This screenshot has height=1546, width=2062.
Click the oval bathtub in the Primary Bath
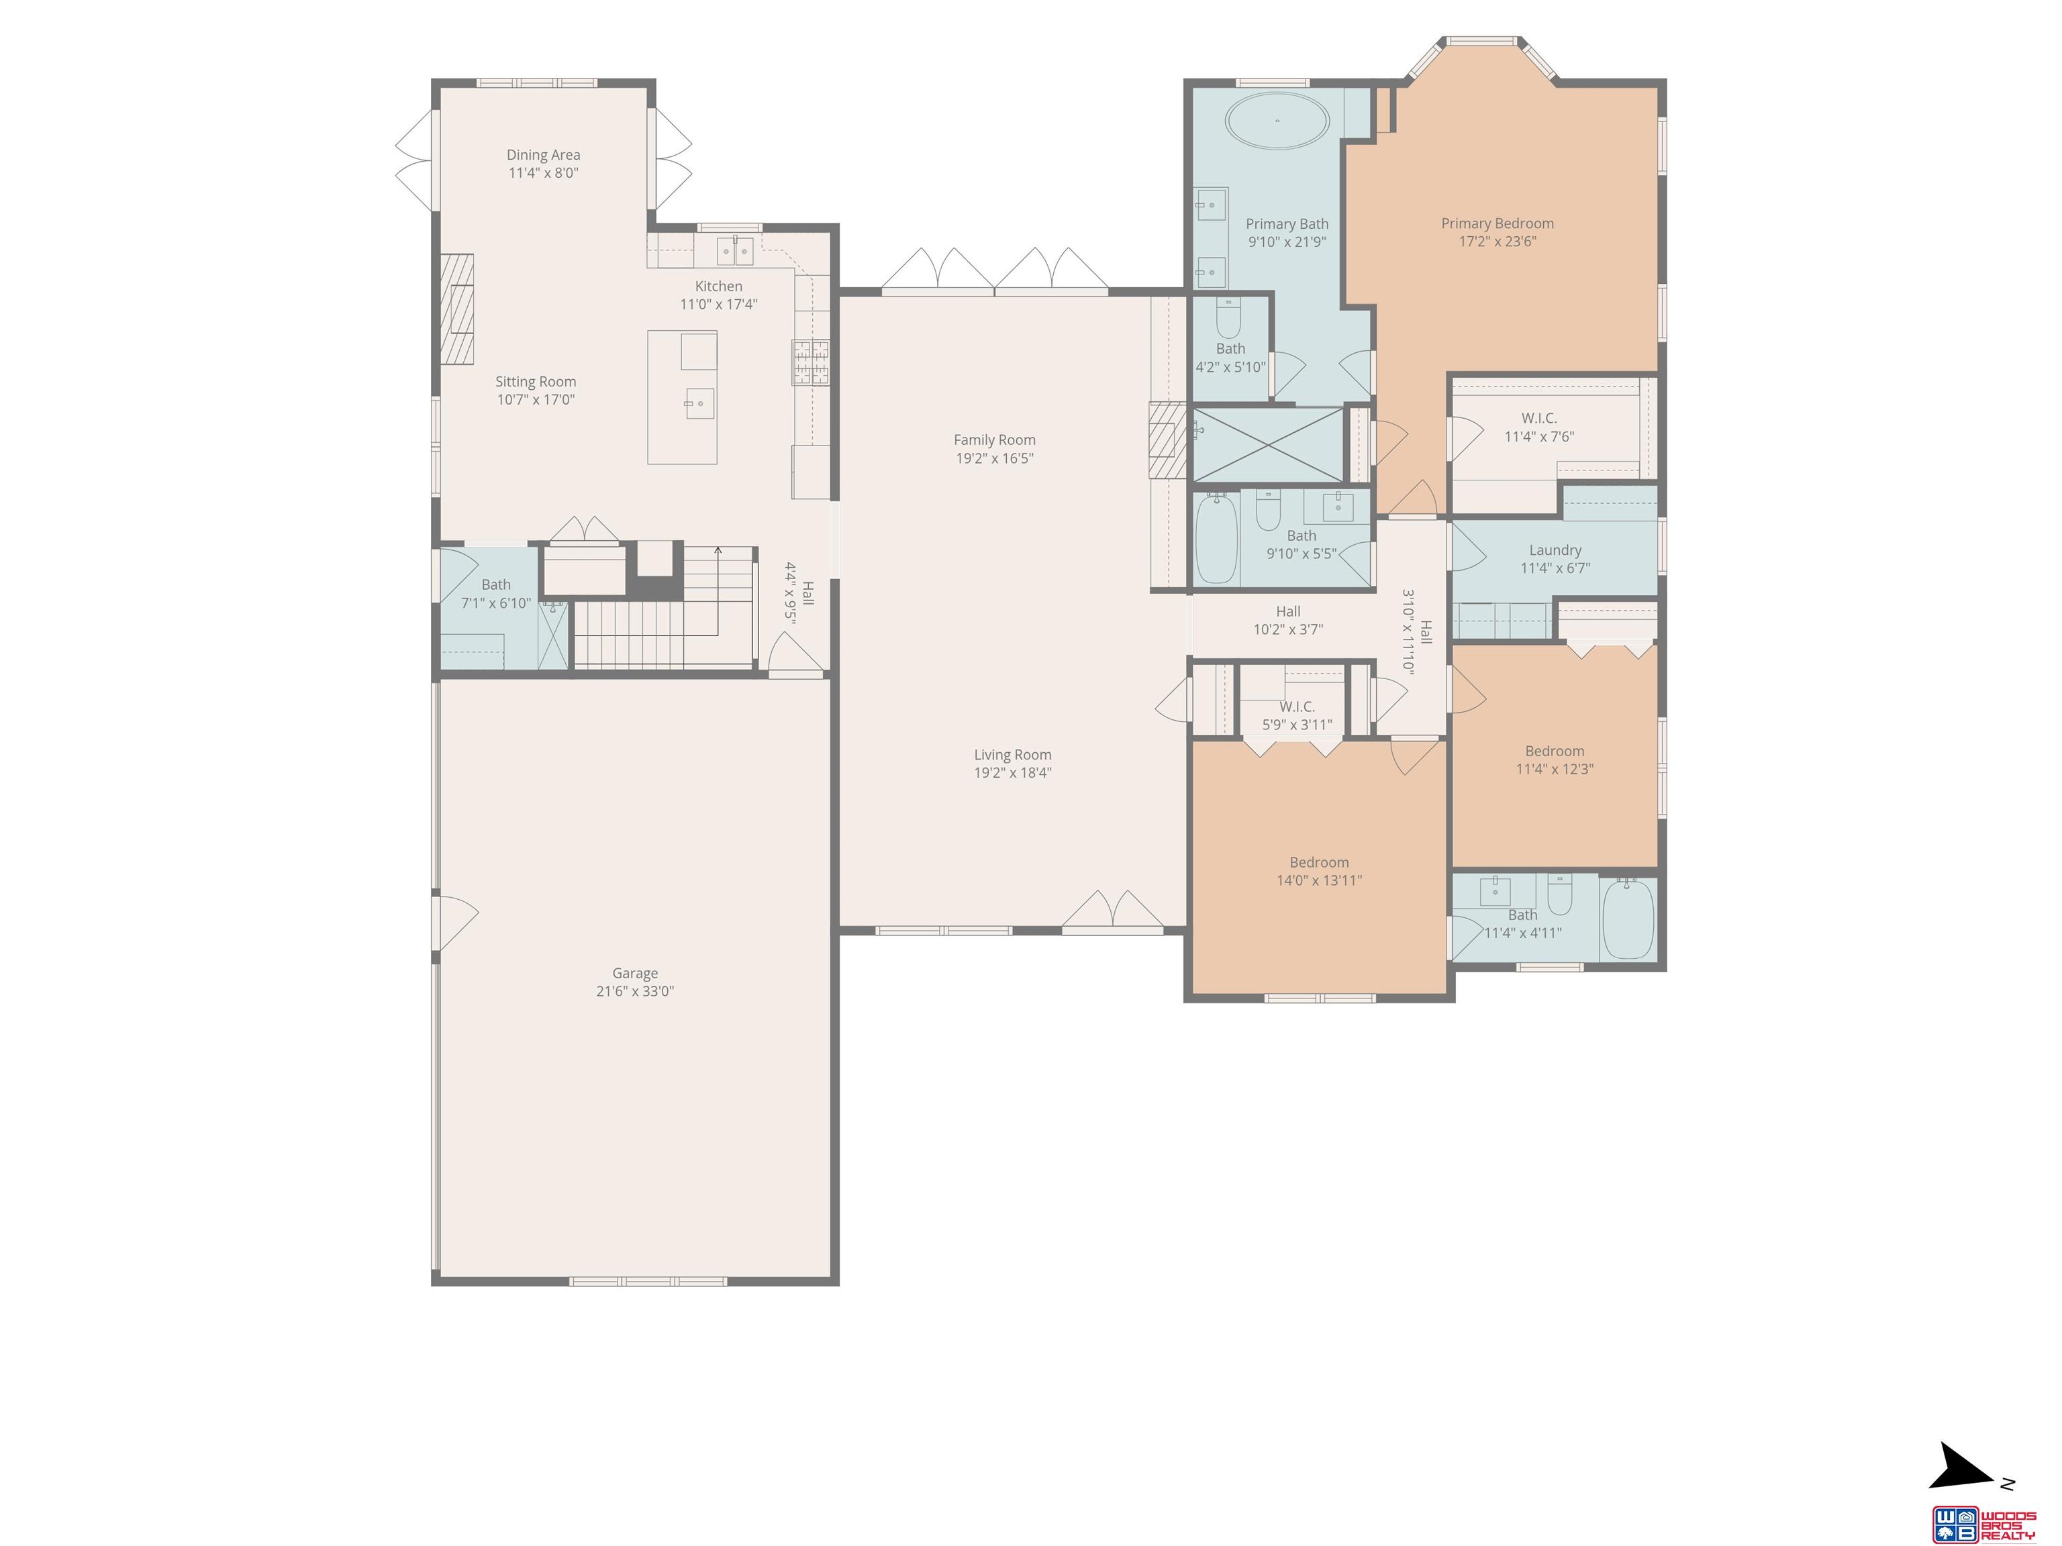1277,120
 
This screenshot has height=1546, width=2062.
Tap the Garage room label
635,973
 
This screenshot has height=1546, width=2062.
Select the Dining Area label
544,155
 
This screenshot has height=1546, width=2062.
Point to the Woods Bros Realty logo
1983,1524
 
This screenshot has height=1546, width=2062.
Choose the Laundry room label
1555,550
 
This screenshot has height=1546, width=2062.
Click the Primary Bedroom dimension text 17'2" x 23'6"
1497,242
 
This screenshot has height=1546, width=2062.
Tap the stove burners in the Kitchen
810,362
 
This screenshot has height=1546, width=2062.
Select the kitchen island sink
700,403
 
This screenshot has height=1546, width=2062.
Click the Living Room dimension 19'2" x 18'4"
1012,772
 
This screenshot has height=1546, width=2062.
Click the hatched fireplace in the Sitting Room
457,309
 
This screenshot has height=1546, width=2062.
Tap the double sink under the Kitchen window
734,251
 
